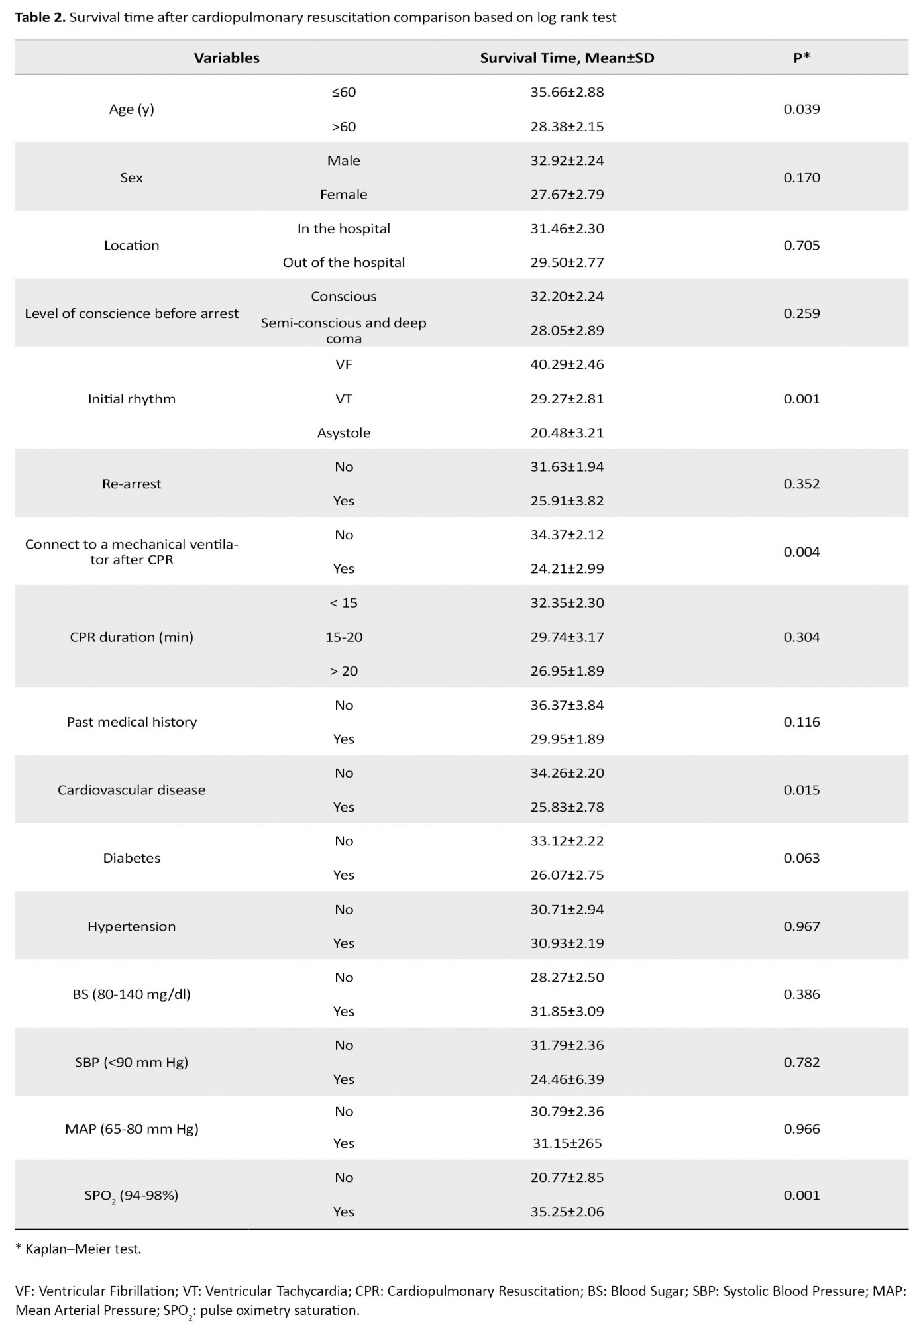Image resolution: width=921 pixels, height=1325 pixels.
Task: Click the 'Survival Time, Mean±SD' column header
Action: point(567,58)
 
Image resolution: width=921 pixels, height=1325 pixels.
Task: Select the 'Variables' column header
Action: point(227,58)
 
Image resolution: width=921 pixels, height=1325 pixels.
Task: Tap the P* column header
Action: point(802,58)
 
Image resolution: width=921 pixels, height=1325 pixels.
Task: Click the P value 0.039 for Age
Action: point(802,109)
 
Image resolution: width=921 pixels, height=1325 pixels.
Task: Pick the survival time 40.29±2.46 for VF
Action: point(567,364)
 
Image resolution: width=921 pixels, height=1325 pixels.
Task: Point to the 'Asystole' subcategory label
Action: point(343,433)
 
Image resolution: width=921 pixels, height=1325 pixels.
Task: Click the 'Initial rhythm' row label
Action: point(131,399)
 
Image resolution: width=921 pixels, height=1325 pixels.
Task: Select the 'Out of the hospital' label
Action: point(343,262)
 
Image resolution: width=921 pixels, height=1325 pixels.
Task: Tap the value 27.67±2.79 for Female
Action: point(567,195)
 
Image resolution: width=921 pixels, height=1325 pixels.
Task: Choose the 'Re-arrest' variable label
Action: point(131,484)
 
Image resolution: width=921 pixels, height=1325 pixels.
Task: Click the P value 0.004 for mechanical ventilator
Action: point(802,552)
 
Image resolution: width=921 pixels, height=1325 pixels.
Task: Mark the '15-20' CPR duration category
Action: point(343,637)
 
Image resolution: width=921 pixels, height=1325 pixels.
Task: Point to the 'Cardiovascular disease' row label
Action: point(131,790)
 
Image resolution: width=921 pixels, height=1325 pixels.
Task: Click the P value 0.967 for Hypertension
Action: point(802,926)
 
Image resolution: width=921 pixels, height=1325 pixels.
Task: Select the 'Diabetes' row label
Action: point(131,858)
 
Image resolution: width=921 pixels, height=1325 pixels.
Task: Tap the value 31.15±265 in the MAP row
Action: point(567,1143)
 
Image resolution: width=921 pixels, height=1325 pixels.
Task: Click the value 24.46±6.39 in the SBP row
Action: point(567,1079)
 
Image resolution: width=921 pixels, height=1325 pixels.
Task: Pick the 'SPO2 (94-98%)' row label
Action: point(131,1196)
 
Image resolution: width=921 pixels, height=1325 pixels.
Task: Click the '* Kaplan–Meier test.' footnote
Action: point(78,1249)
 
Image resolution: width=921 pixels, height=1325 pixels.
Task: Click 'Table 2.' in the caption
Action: point(40,18)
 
